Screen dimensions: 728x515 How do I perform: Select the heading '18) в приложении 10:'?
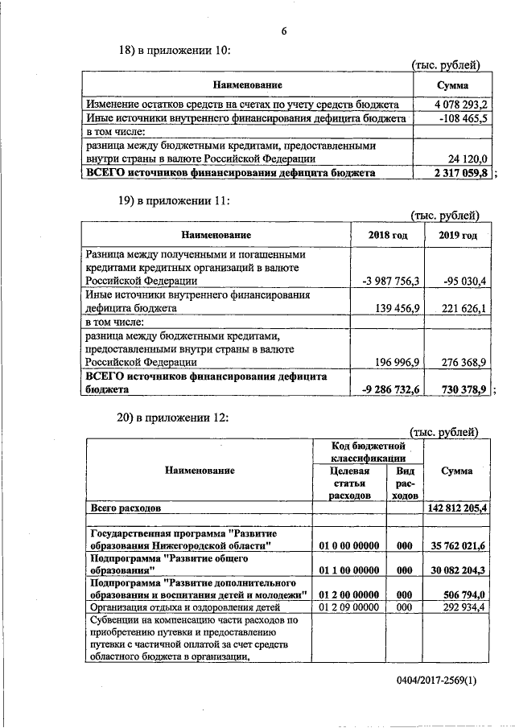point(175,50)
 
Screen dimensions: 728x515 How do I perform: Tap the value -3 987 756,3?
point(392,281)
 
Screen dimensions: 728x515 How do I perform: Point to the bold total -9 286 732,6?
point(392,389)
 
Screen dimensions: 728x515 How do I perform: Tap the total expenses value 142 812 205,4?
point(455,509)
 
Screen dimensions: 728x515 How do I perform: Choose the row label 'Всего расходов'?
point(126,509)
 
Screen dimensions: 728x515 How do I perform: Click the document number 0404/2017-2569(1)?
point(436,680)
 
